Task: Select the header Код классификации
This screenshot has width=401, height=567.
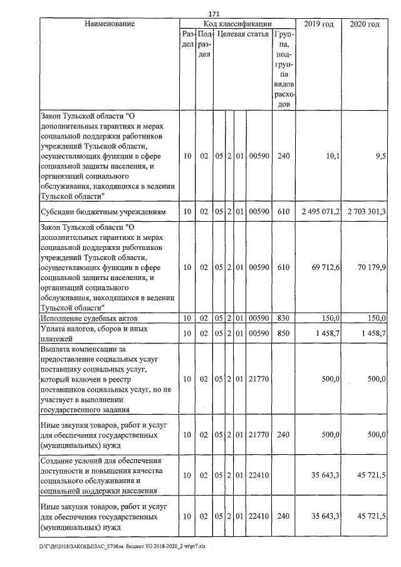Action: (x=237, y=24)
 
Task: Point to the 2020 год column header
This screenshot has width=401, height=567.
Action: (x=365, y=24)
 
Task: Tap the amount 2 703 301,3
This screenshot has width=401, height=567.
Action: (x=365, y=212)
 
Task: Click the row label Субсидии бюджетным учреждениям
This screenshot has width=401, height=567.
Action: (x=102, y=212)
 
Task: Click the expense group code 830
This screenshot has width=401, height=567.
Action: (x=283, y=320)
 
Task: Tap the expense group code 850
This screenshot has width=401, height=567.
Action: (x=283, y=334)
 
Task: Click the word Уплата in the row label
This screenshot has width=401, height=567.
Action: (x=54, y=329)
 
